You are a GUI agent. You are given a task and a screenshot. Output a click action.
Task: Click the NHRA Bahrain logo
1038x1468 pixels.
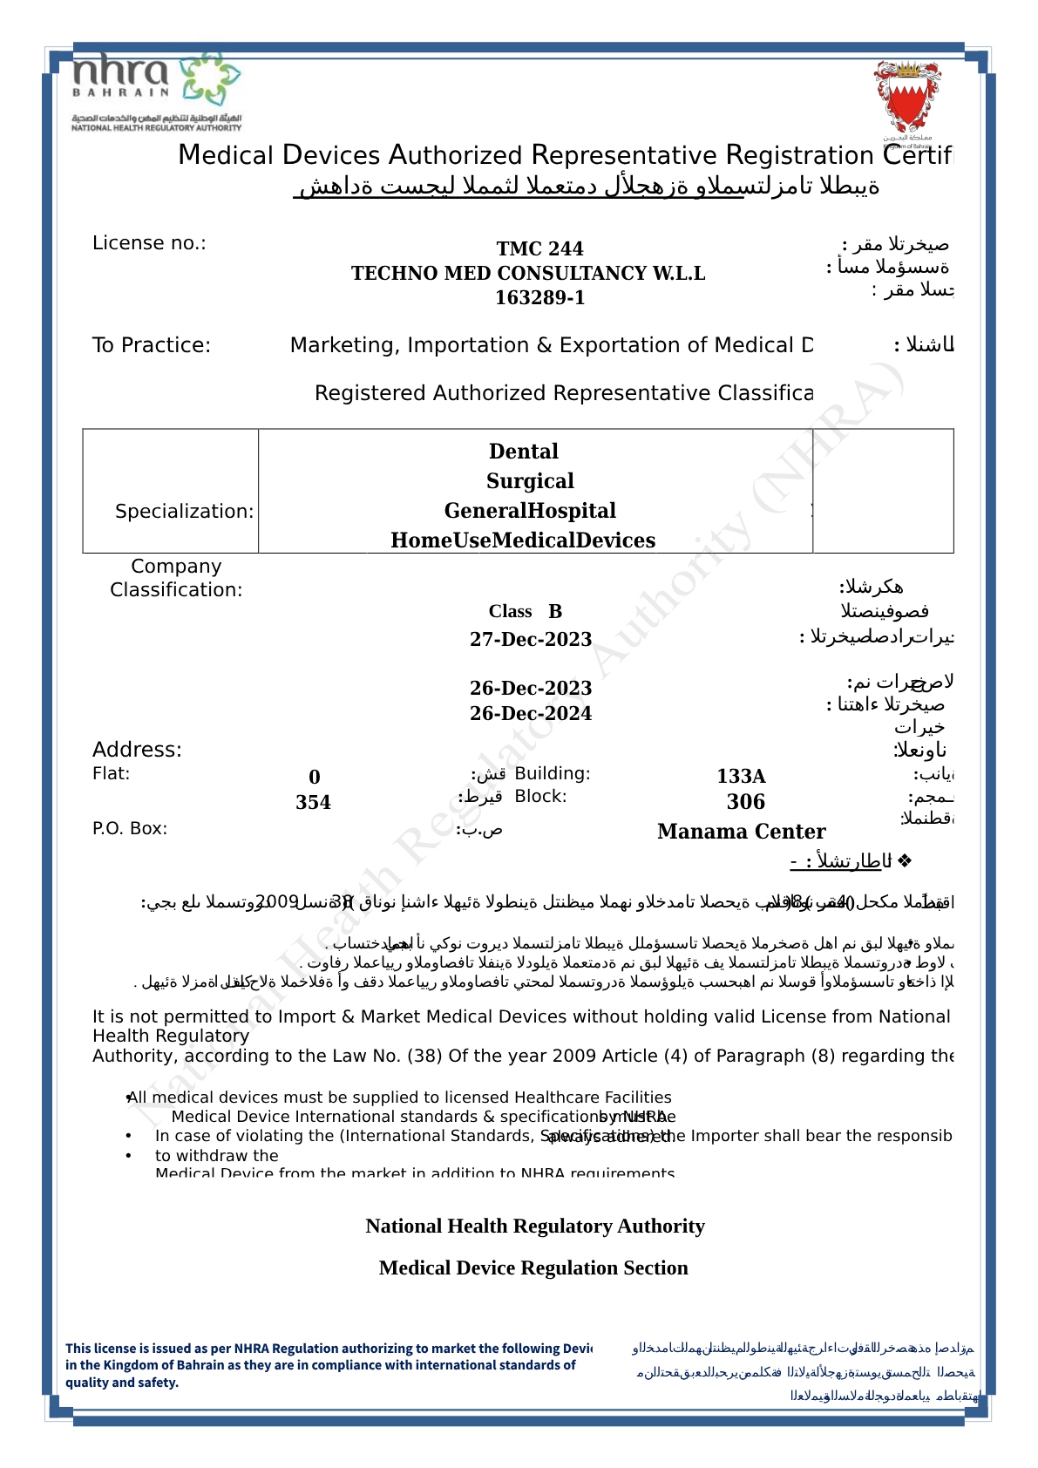coord(156,91)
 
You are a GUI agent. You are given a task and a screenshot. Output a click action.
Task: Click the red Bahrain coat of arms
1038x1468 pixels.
coord(907,99)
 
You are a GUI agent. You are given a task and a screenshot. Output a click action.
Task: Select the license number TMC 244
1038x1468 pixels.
coord(539,248)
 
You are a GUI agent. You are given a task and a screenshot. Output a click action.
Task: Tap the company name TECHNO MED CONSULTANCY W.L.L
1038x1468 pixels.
coord(528,273)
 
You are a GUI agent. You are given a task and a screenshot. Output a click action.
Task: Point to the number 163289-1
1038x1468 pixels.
coord(539,297)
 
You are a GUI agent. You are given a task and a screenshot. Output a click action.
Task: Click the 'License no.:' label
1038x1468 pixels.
coord(149,243)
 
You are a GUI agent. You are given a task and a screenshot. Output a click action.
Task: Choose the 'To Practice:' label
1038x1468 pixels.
coord(152,345)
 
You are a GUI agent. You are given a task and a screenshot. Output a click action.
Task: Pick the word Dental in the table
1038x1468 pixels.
coord(524,451)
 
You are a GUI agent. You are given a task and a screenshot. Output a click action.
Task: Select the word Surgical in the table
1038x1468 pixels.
coord(530,480)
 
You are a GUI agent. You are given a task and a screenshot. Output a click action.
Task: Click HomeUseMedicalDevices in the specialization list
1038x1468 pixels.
coord(523,540)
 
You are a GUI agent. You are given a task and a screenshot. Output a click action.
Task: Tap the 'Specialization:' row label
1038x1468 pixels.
coord(185,511)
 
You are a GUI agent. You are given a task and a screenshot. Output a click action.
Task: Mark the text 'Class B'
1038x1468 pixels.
coord(526,611)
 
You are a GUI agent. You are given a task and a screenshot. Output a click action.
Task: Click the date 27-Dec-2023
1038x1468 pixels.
coord(531,639)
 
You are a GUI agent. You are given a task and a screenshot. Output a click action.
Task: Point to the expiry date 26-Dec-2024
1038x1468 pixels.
coord(531,713)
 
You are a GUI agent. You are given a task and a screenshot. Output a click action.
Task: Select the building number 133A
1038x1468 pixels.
coord(742,776)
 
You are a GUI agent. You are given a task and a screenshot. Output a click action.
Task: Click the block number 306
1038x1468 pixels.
coord(746,802)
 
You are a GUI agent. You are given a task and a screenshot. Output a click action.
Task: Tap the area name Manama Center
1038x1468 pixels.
coord(742,832)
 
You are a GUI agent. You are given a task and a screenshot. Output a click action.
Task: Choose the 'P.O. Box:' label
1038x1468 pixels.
coord(130,828)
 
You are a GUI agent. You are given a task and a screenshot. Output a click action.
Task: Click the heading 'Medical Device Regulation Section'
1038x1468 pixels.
coord(533,1268)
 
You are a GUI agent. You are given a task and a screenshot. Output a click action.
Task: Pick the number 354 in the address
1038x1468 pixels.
coord(313,802)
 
